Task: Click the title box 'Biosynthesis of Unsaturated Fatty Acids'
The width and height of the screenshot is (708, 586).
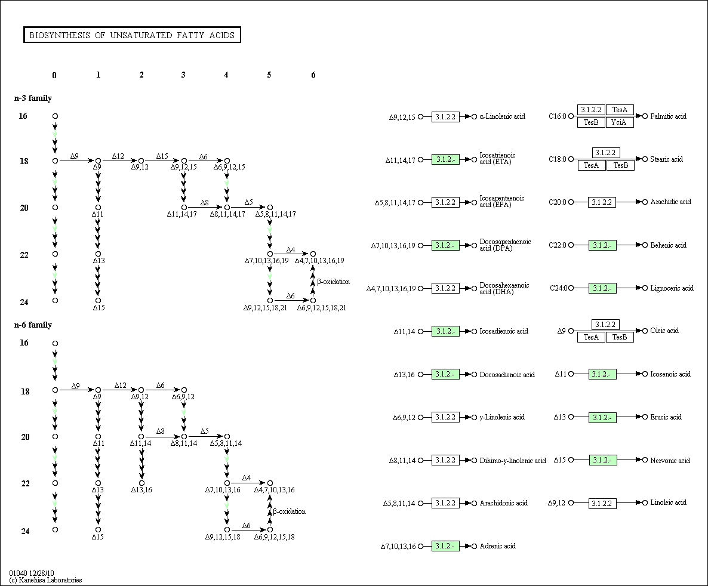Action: [x=132, y=35]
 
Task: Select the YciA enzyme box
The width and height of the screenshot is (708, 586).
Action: [x=619, y=122]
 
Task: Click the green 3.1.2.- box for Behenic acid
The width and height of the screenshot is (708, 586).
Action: [x=602, y=245]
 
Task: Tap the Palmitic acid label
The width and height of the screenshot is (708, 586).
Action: [x=668, y=116]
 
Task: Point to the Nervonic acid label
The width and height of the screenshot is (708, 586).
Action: [x=670, y=461]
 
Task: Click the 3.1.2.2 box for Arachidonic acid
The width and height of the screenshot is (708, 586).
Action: [x=445, y=503]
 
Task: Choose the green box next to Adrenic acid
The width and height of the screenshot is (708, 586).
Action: [x=445, y=546]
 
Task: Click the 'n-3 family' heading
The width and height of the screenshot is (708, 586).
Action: [x=33, y=98]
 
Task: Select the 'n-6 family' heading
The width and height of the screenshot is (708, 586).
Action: [x=33, y=325]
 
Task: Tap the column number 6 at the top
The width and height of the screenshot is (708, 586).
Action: [x=313, y=75]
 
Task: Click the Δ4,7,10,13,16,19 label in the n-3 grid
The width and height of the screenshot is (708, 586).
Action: [x=319, y=261]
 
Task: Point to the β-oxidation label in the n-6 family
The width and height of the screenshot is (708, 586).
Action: [x=289, y=511]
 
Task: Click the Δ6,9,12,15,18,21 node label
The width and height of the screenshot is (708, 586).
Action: [x=322, y=308]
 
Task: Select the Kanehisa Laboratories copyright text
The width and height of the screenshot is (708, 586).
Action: [x=45, y=580]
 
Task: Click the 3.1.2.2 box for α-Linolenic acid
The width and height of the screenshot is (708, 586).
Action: [x=445, y=117]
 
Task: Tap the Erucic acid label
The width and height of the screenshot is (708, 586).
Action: [x=666, y=417]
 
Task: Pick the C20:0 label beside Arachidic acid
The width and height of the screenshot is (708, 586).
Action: [x=557, y=202]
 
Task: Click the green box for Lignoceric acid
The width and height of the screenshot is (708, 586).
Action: [x=602, y=288]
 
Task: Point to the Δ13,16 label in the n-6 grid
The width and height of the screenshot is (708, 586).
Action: [x=141, y=490]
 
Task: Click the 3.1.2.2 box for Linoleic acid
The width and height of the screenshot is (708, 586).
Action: [x=602, y=504]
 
